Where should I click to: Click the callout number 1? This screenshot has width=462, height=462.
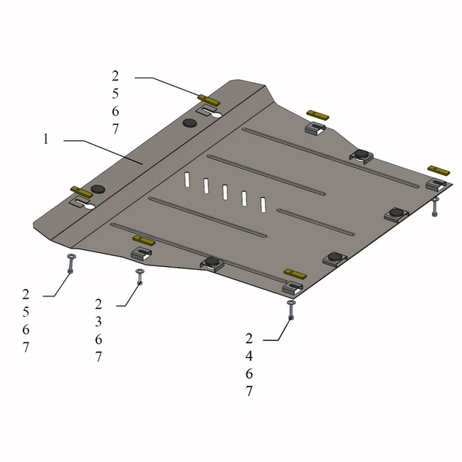(x=45, y=139)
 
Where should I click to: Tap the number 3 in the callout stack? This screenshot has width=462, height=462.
(x=98, y=322)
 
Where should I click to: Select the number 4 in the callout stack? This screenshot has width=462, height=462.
(x=249, y=356)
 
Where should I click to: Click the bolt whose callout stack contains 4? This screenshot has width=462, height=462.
(x=291, y=310)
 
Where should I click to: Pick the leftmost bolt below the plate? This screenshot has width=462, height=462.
(x=70, y=264)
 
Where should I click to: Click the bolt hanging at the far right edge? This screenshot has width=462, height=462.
(x=435, y=207)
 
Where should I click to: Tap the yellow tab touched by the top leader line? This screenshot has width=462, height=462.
(x=209, y=100)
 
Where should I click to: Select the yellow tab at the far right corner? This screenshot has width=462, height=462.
(x=439, y=170)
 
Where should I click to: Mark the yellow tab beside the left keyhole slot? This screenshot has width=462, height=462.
(x=81, y=192)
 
